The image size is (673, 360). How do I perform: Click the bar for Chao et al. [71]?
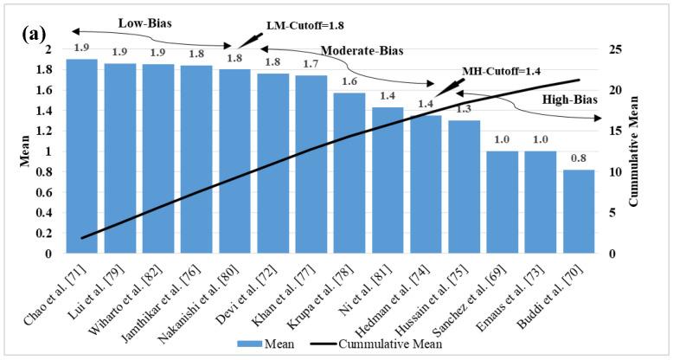pyautogui.click(x=81, y=156)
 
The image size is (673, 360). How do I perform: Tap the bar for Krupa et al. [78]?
pyautogui.click(x=349, y=173)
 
